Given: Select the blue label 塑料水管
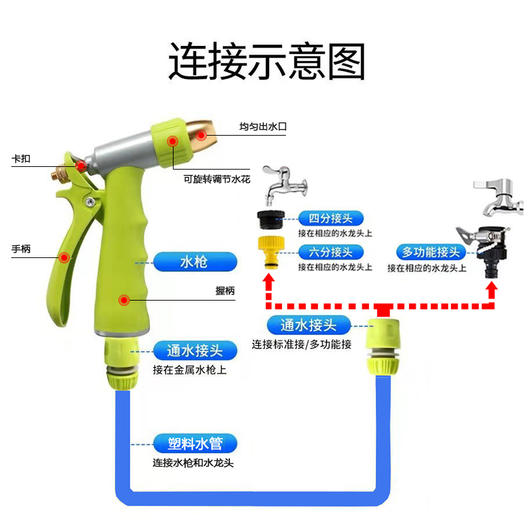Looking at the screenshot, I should coord(196,444).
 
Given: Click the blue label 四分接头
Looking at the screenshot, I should coord(331,218).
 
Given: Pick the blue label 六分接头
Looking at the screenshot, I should coord(331,252).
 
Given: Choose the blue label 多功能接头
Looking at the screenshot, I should coord(431,252).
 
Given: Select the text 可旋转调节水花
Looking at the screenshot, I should coord(217,178).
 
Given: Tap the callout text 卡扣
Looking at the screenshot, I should coord(21,160).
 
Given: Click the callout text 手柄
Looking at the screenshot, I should coord(21,249).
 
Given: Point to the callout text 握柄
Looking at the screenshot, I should coord(225,291).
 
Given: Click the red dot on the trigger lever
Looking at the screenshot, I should coord(65,257).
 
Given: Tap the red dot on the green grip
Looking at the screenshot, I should coord(124,301).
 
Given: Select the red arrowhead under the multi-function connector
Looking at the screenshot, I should coord(491,289).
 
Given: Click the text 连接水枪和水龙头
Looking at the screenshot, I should coord(193,464).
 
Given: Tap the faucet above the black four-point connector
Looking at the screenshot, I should coord(283,186).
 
